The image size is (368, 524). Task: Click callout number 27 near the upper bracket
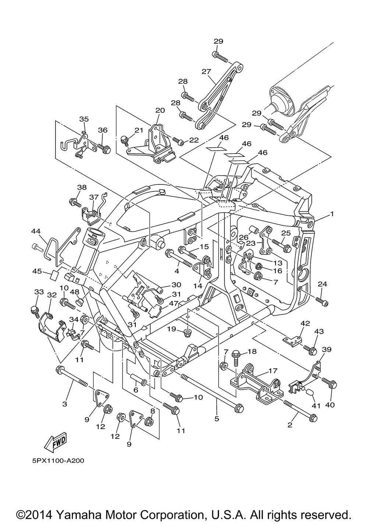(206, 71)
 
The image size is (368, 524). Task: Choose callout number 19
(172, 328)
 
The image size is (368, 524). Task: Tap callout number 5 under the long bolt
(217, 418)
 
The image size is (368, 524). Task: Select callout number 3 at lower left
(65, 404)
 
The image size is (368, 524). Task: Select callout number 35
(84, 119)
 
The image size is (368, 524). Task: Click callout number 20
(160, 110)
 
